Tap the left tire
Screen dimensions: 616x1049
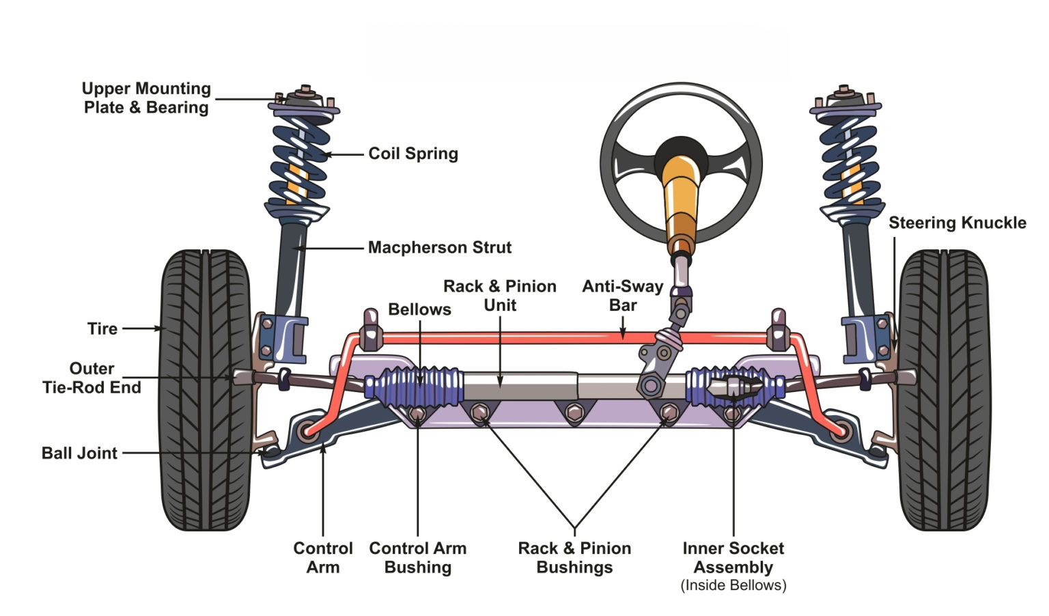[205, 389]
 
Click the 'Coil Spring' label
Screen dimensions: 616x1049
[413, 154]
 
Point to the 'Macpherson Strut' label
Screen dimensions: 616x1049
[439, 247]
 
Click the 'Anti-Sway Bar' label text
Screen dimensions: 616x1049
[622, 296]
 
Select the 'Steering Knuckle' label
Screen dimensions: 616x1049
[957, 223]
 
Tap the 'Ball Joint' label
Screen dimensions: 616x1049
[79, 453]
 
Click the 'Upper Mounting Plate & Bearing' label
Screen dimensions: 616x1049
[146, 98]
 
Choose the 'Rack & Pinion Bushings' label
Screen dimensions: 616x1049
[574, 557]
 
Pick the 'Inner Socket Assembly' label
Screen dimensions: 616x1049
[733, 557]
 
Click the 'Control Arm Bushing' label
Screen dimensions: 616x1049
[417, 557]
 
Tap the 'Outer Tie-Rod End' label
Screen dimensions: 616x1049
[92, 378]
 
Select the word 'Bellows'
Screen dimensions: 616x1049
[419, 309]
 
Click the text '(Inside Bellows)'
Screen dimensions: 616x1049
[733, 585]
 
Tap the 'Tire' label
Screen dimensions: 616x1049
[102, 328]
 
